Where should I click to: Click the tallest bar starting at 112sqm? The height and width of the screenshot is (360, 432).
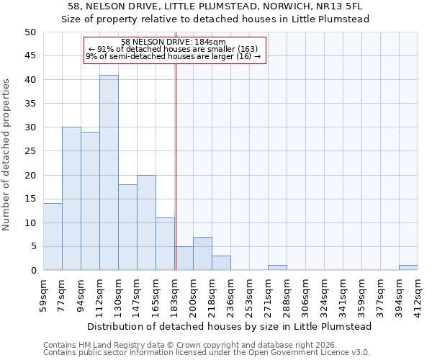point(109,173)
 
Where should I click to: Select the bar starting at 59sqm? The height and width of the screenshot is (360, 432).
point(53,237)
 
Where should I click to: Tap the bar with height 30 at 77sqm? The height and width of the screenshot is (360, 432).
point(71,199)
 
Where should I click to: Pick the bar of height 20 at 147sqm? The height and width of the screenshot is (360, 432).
point(146,222)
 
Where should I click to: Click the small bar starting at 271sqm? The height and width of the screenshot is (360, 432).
point(277,268)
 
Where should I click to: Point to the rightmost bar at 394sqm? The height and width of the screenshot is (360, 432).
point(408,268)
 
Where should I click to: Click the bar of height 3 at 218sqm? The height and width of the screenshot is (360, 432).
point(221,263)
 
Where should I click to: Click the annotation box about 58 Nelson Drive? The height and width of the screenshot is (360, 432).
point(175,50)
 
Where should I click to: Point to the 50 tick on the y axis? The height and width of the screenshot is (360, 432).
point(30,32)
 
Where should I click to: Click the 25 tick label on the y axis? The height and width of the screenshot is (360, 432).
point(30,151)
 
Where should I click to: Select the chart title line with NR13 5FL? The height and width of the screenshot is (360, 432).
point(215,6)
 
